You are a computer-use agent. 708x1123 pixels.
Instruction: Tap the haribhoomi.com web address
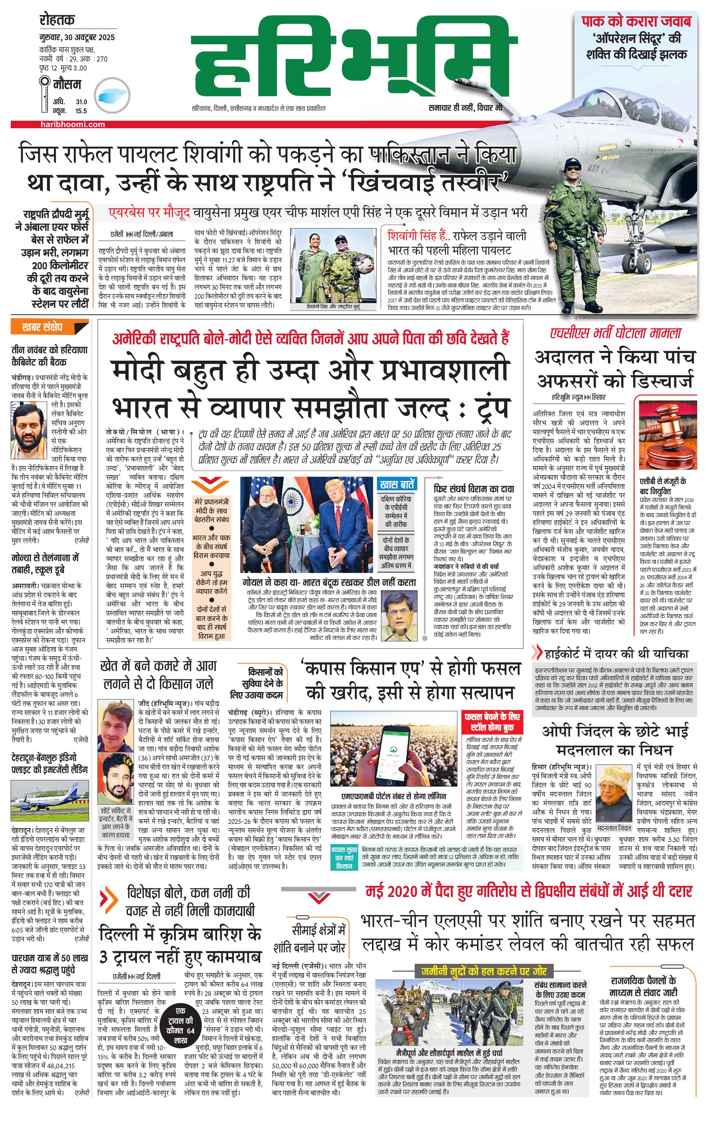[72, 125]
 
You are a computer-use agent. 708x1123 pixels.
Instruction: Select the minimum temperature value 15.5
[81, 111]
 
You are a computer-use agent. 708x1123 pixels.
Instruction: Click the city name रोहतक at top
[57, 20]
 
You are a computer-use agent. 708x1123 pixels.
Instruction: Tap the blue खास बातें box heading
[397, 485]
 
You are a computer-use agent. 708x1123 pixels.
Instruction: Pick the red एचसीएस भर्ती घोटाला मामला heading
[616, 333]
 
